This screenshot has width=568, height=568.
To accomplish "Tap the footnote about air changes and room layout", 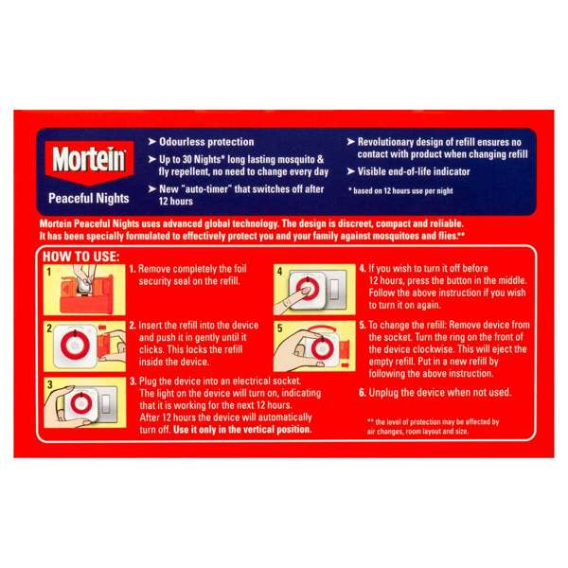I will (434, 427).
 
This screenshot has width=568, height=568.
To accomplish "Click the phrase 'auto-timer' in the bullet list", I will (231, 190).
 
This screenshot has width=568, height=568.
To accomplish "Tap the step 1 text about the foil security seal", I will (189, 275).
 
